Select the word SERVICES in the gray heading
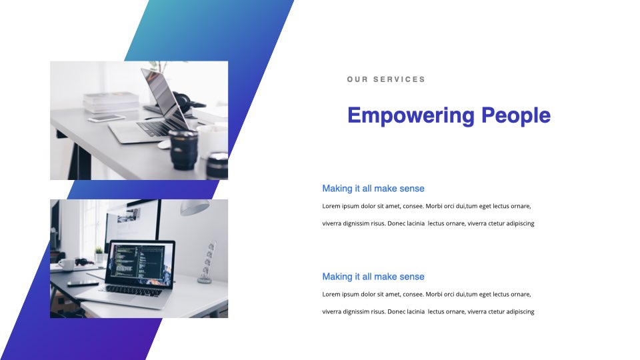399,79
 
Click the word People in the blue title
516,116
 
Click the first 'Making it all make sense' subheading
373,189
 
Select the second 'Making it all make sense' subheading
373,277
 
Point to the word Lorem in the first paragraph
331,206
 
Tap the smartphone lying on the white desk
107,119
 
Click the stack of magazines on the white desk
111,102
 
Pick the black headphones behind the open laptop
182,103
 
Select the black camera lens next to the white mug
184,149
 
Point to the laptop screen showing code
140,264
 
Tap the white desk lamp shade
195,207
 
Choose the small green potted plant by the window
99,255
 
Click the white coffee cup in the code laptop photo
66,265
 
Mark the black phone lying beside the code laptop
83,283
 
